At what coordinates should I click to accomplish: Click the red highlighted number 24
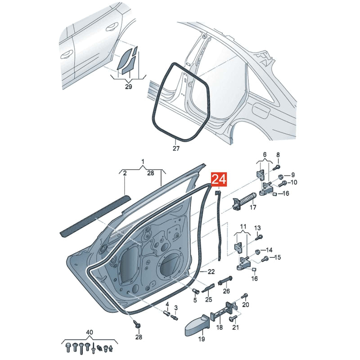tap(219, 180)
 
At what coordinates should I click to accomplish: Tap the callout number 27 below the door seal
tap(176, 148)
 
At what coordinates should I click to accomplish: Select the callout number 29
tap(129, 87)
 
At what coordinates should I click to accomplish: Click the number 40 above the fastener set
tap(90, 332)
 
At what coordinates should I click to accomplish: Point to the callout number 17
tap(253, 207)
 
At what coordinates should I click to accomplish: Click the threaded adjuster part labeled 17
tap(243, 200)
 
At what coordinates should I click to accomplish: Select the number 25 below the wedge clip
tap(209, 299)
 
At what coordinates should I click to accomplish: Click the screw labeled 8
tap(276, 166)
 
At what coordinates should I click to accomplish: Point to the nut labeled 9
tap(280, 176)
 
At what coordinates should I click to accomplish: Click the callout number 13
tap(257, 228)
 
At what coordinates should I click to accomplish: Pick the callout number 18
tap(220, 327)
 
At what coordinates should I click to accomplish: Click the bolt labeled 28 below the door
tap(138, 324)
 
